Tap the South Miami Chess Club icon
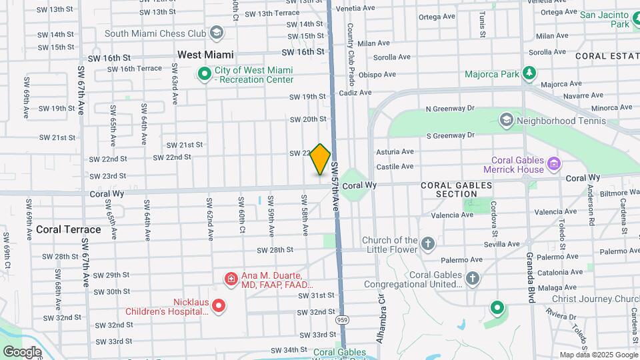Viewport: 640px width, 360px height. click(217, 32)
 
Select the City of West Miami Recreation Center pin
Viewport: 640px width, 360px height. click(204, 75)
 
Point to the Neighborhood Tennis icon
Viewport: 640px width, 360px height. click(506, 121)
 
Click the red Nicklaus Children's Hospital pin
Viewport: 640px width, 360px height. click(219, 306)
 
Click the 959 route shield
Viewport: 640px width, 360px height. click(342, 320)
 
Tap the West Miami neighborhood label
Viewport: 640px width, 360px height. click(205, 55)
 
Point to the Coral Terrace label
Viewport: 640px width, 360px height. click(69, 229)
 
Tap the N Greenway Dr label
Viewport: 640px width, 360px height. click(450, 108)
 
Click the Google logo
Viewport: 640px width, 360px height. click(22, 351)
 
